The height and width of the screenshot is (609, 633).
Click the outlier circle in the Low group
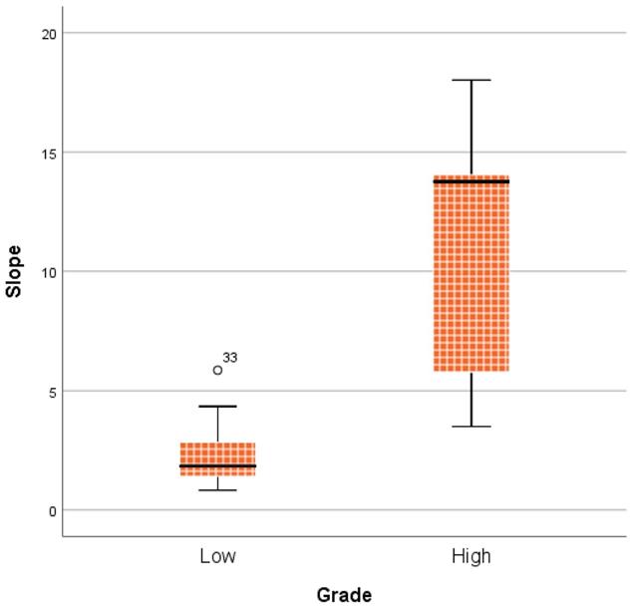point(218,370)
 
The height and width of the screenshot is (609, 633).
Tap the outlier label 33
point(230,358)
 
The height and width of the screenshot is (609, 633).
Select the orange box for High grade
point(471,279)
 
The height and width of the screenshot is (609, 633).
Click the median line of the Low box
point(217,465)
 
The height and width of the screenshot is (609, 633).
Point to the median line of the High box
point(471,181)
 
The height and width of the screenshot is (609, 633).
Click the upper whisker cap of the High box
point(471,80)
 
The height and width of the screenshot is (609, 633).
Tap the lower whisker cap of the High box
point(471,427)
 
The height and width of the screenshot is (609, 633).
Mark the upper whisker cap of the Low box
point(217,407)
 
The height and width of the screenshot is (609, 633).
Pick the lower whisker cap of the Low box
point(217,490)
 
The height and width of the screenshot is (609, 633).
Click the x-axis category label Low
point(217,555)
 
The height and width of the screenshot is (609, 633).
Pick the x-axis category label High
point(471,555)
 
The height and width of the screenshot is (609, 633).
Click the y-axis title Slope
point(14,272)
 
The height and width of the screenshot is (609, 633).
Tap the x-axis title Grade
point(344,595)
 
